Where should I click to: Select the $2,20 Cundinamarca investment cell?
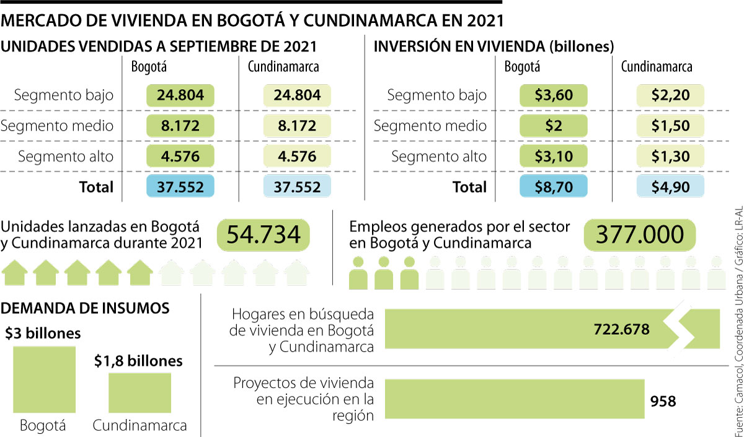[670, 95]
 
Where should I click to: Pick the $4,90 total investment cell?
[670, 187]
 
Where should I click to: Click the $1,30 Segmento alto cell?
[670, 156]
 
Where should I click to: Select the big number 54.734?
[263, 235]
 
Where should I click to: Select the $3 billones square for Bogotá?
[43, 379]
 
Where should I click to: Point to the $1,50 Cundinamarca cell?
[670, 126]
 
